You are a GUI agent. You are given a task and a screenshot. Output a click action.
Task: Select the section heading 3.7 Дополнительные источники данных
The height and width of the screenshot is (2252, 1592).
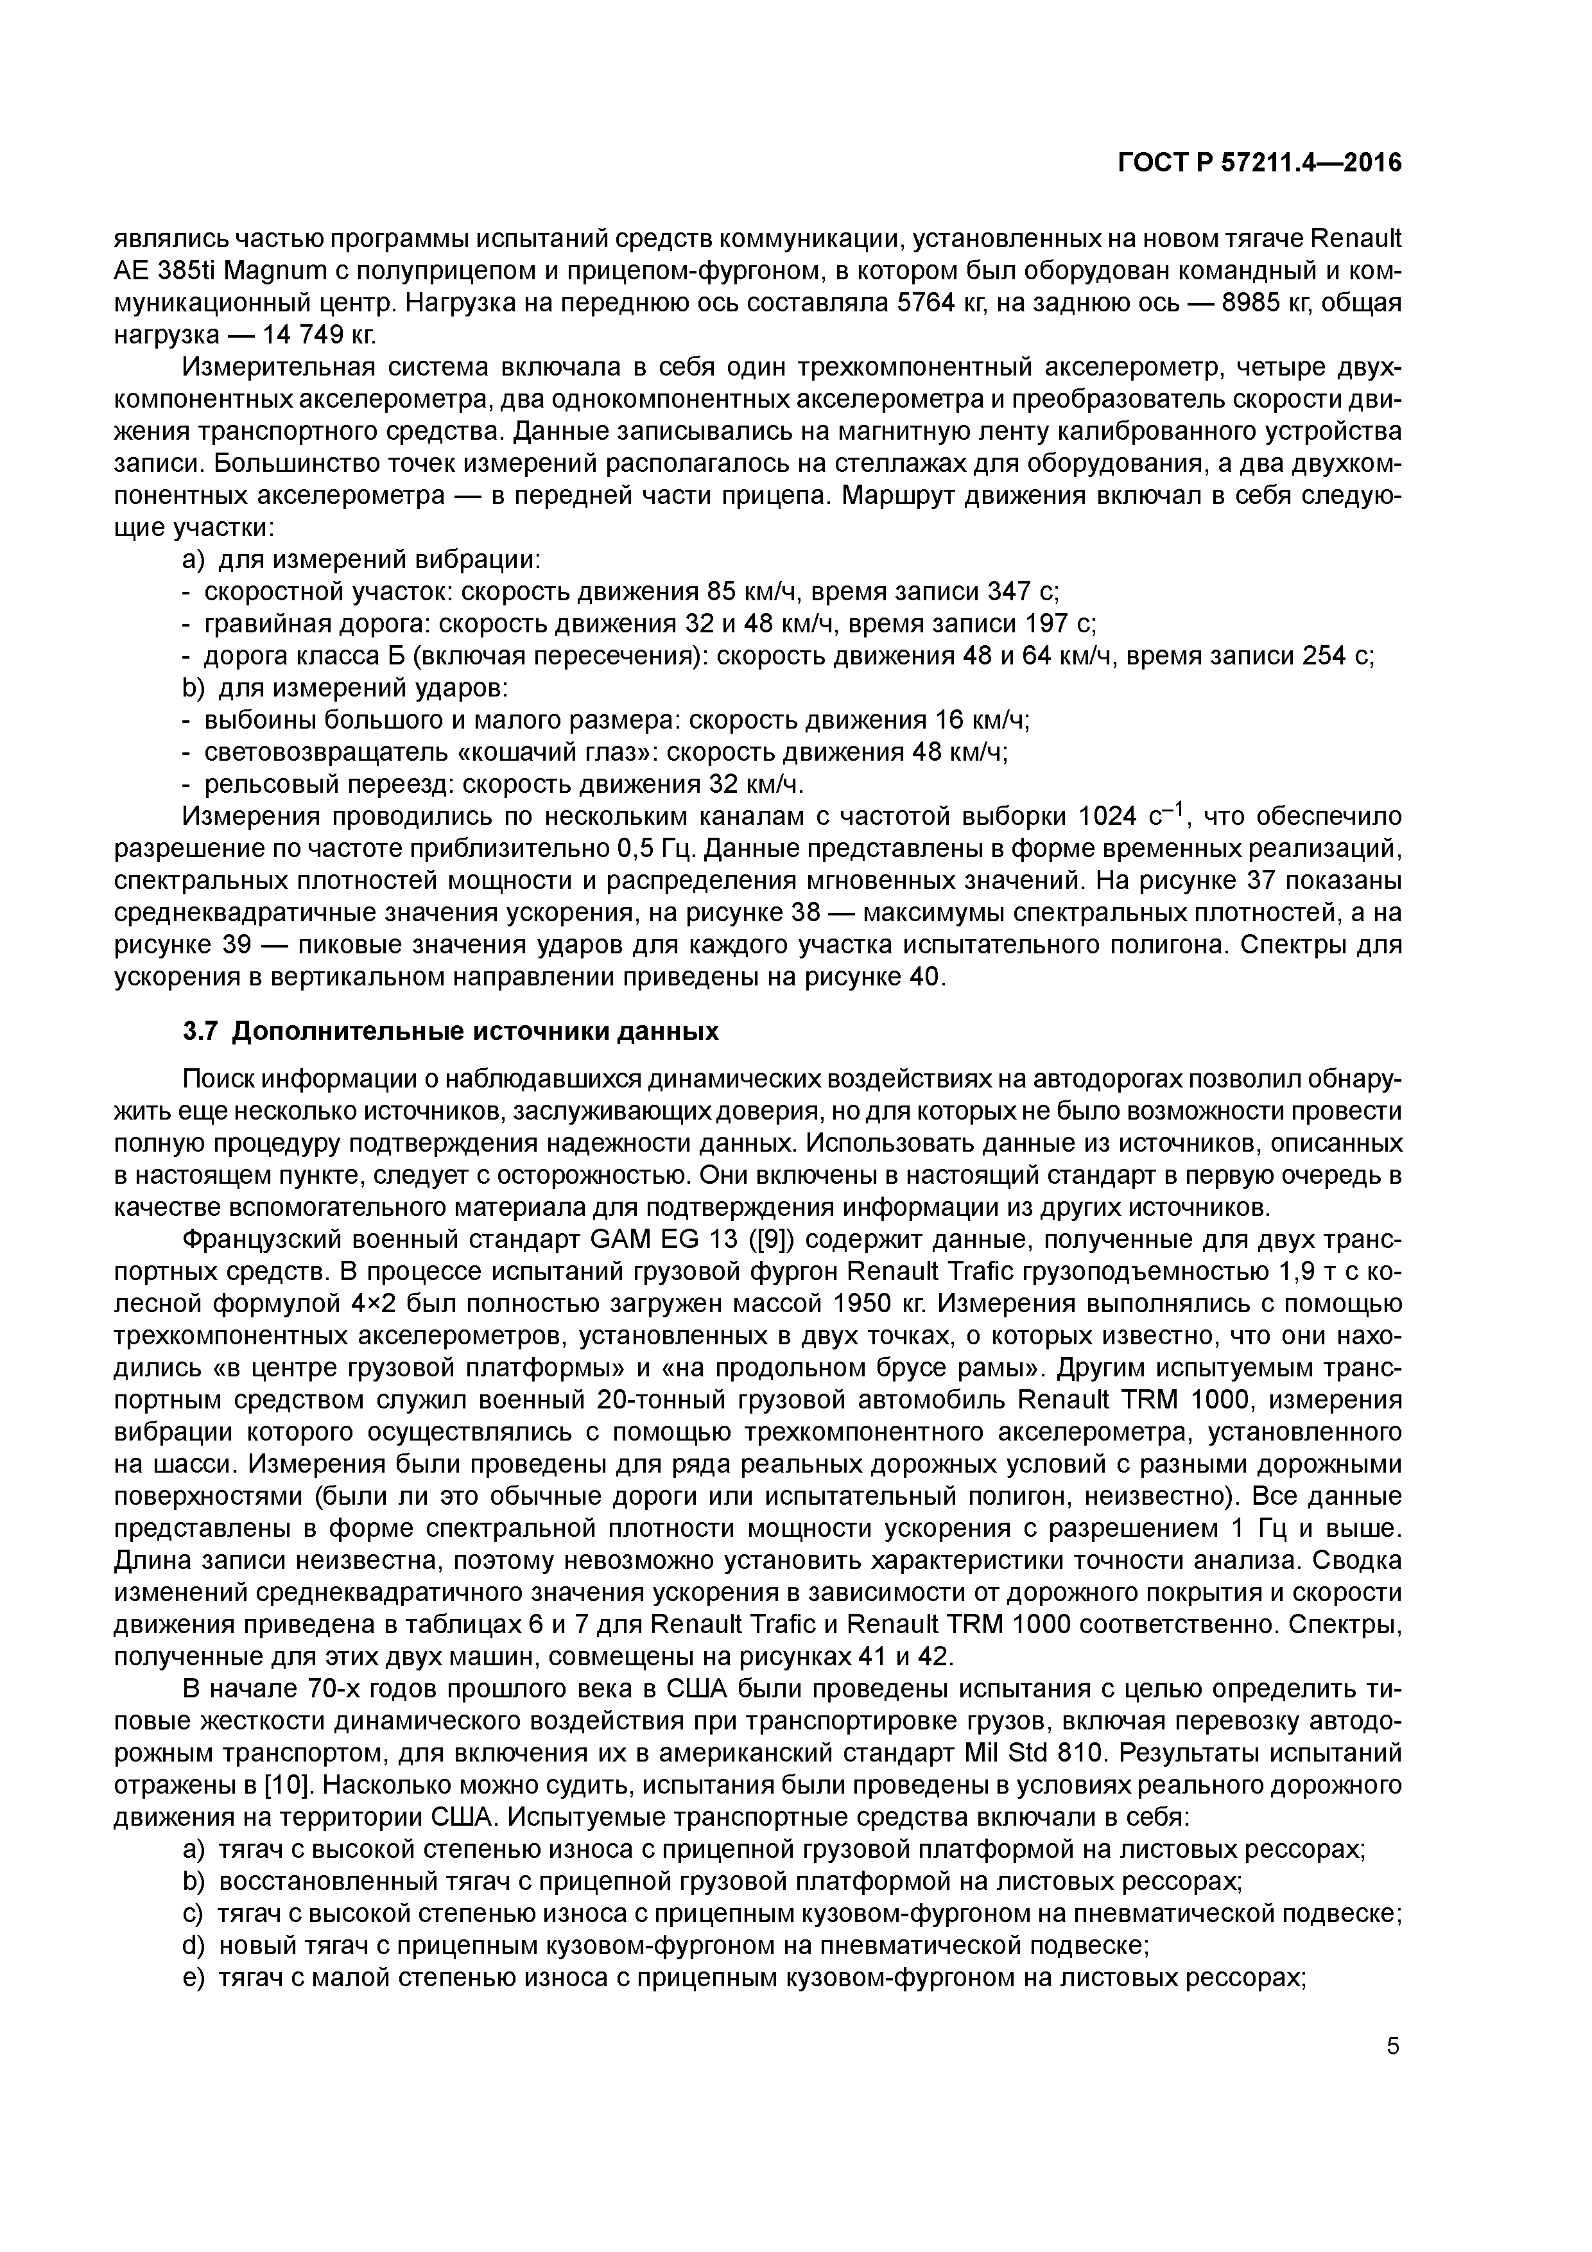451,1032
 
